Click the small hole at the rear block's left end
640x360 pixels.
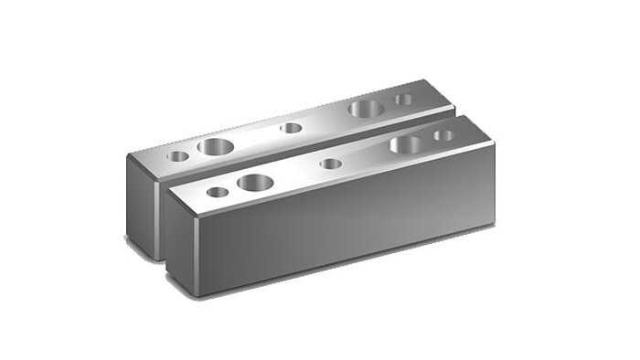point(178,156)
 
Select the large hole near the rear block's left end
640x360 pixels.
point(217,145)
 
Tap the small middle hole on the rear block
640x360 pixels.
point(291,128)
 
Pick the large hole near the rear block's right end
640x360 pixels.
point(366,108)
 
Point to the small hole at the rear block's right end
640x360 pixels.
point(403,99)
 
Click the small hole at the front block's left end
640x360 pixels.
point(217,192)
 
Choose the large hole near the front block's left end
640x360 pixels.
point(256,181)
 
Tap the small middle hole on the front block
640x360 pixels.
point(331,164)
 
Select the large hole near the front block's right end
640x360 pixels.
point(407,143)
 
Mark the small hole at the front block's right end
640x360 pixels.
point(443,135)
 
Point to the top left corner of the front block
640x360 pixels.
point(167,188)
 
